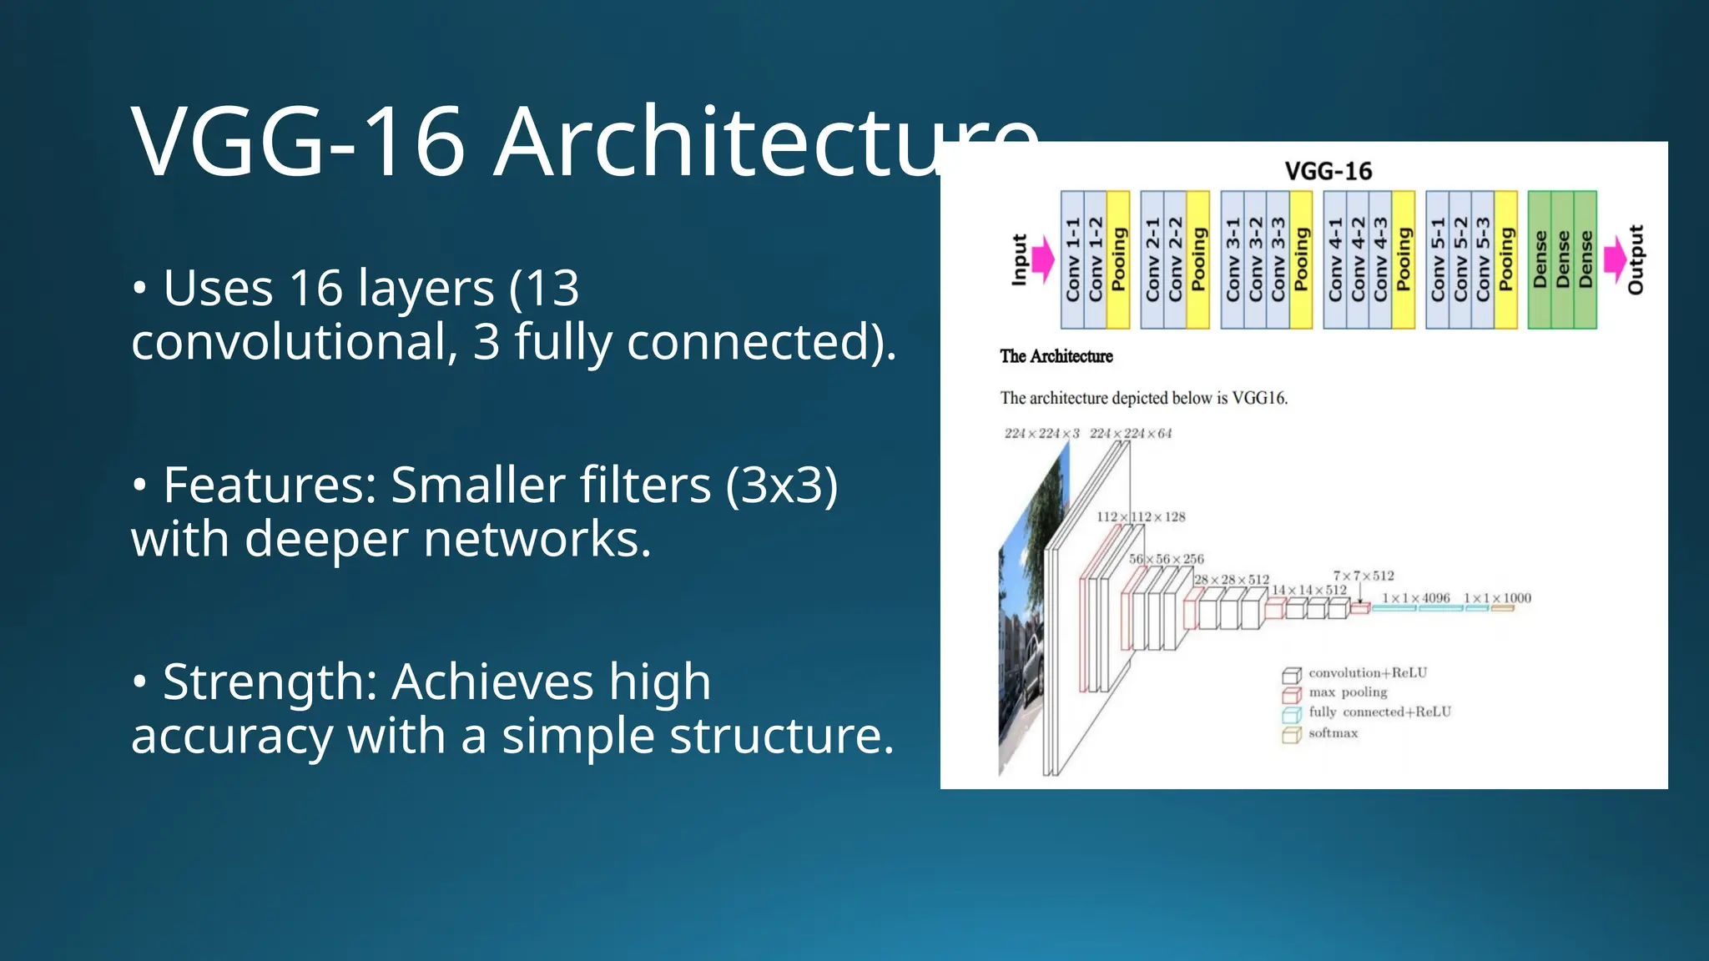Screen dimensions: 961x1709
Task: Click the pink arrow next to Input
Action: point(1042,259)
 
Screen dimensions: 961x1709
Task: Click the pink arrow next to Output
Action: point(1615,259)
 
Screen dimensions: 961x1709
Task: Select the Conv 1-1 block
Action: point(1072,259)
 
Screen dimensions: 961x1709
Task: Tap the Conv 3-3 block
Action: point(1278,259)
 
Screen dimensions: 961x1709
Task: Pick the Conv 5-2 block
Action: point(1460,259)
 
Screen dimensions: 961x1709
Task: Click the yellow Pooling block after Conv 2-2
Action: point(1198,259)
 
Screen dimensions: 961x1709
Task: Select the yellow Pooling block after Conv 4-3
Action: point(1404,259)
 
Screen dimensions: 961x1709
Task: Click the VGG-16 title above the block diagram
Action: point(1328,171)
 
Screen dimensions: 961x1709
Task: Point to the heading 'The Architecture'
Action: point(1056,356)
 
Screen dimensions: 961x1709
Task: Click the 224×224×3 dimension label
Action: point(1041,434)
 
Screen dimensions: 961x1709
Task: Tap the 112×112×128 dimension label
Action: point(1141,517)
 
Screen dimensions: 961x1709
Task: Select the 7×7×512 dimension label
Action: point(1364,576)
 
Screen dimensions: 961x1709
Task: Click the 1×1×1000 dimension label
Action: point(1497,598)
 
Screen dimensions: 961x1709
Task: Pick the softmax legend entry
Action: point(1333,733)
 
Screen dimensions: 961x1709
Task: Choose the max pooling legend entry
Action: point(1347,692)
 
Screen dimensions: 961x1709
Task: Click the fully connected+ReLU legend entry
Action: point(1379,712)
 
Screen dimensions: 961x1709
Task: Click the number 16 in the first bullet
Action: point(315,289)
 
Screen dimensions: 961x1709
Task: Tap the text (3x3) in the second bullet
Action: point(781,486)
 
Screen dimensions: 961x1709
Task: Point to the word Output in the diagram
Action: point(1636,259)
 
